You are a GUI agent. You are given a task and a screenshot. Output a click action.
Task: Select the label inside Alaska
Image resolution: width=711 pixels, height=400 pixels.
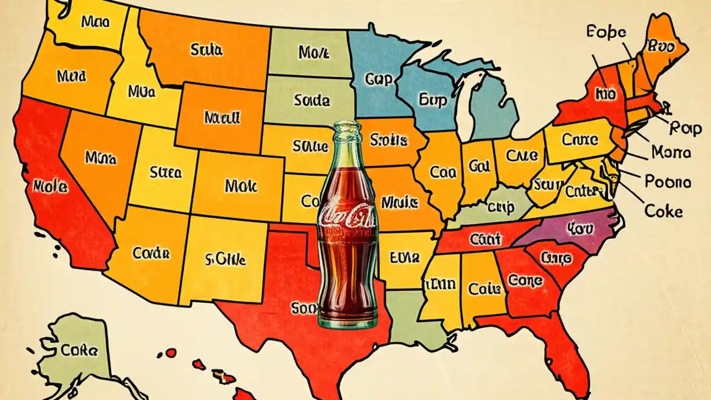tap(79, 350)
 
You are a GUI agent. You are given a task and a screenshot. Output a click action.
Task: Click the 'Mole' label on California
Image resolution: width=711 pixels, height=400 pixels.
tap(51, 187)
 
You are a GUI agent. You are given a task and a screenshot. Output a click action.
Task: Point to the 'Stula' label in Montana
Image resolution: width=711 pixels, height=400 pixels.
tap(206, 50)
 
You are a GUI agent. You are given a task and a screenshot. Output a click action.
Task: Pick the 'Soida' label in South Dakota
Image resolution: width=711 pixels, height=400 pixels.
tap(312, 101)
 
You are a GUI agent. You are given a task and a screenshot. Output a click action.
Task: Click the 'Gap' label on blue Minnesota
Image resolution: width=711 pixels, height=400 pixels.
tap(379, 79)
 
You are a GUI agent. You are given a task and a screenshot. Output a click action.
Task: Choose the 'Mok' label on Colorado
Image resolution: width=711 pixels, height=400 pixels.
tap(241, 186)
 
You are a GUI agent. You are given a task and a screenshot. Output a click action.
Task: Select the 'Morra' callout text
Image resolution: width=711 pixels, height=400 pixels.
tap(671, 152)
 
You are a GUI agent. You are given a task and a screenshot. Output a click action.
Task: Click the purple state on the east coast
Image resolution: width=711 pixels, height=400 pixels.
tap(572, 229)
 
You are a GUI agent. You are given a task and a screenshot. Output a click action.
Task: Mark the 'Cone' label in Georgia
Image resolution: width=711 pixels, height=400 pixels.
tap(525, 281)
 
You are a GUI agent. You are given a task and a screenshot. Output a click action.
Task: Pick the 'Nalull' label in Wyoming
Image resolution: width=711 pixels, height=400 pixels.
tap(222, 117)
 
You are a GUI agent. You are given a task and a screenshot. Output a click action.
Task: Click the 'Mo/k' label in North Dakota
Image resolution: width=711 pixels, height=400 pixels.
tap(314, 53)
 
